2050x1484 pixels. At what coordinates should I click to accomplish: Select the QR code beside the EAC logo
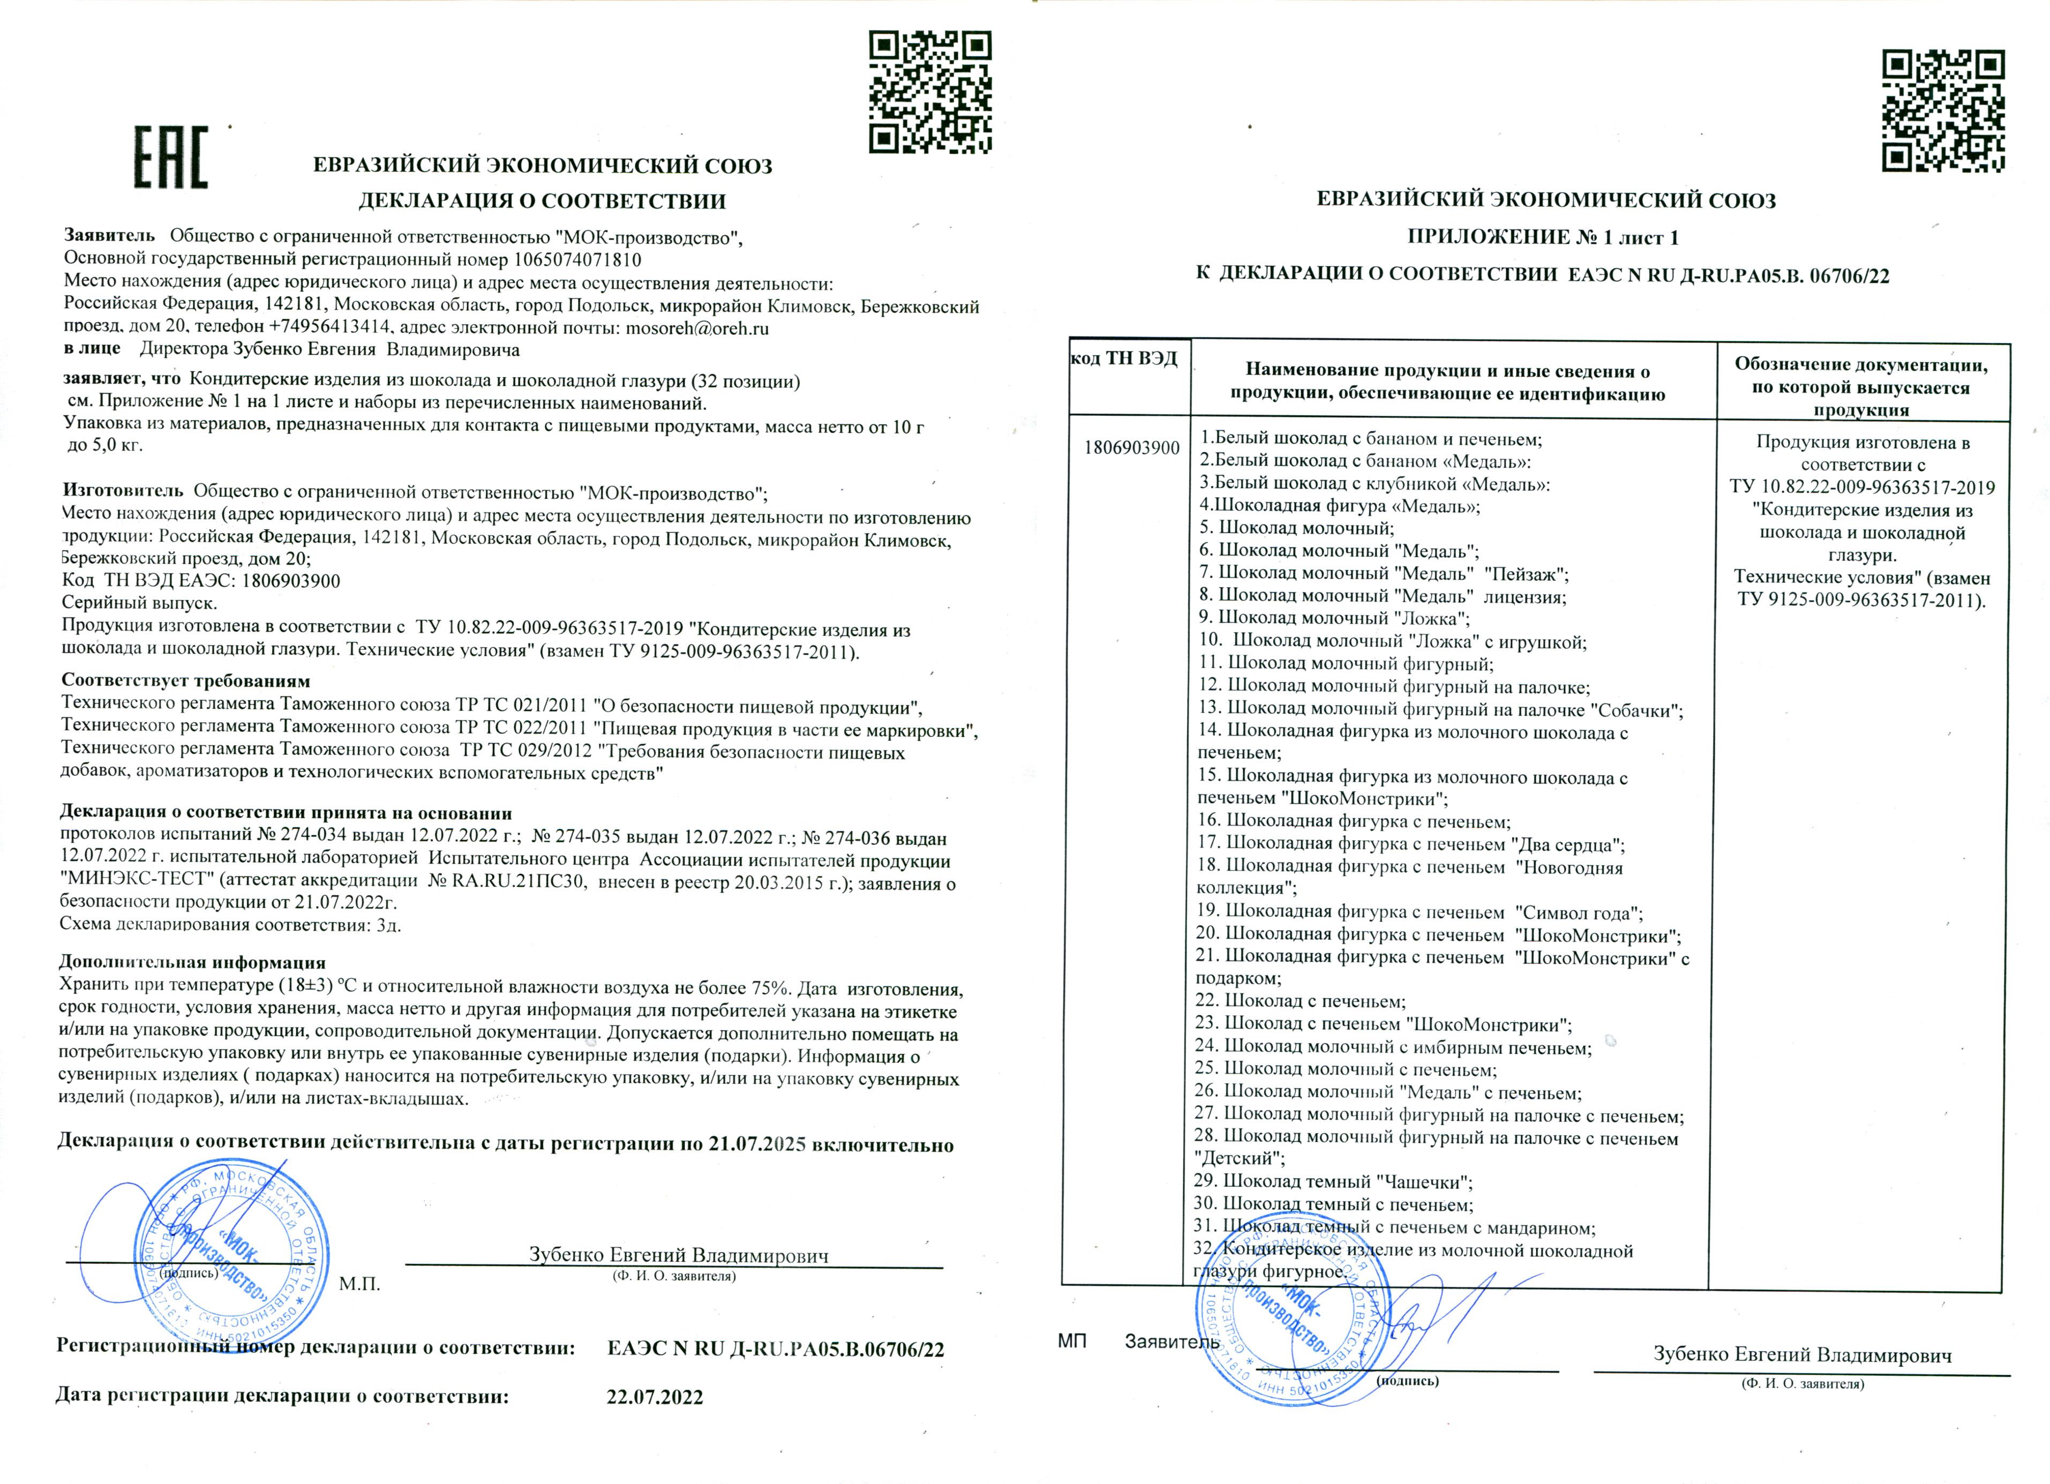930,91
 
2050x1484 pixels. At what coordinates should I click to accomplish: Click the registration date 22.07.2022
655,1397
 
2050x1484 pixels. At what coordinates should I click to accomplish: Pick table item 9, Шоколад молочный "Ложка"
1334,618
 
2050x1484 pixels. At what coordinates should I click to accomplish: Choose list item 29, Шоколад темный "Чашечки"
1333,1181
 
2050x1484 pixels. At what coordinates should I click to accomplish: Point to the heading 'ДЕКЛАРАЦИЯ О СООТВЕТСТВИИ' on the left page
542,201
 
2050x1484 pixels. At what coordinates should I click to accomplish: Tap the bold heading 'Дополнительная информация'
192,963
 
